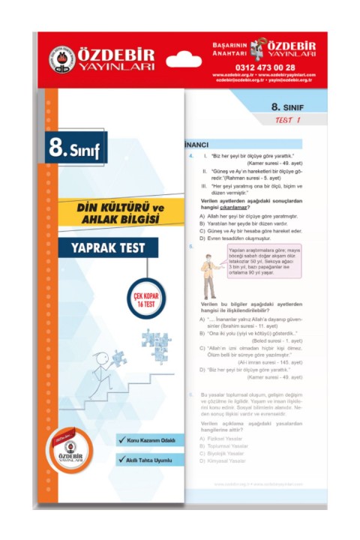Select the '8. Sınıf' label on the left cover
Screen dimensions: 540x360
75,148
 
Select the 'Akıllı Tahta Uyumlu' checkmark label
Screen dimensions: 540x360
145,459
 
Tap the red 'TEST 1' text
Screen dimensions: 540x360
287,120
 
